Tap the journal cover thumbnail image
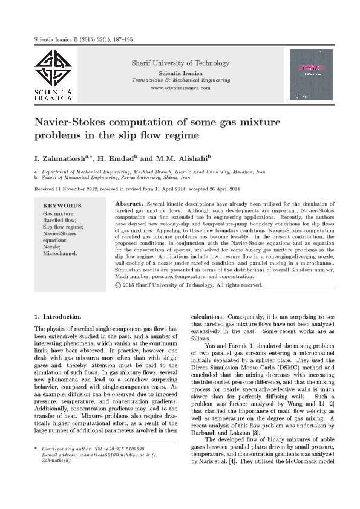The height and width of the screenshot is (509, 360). [x=311, y=74]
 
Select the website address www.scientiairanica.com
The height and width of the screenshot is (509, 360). [x=180, y=88]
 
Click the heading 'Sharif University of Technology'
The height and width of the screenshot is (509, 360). [x=180, y=63]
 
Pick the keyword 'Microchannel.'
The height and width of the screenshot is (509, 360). [x=59, y=253]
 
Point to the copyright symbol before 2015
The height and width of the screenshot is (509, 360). [x=118, y=284]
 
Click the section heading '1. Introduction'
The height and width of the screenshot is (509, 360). [x=57, y=317]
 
